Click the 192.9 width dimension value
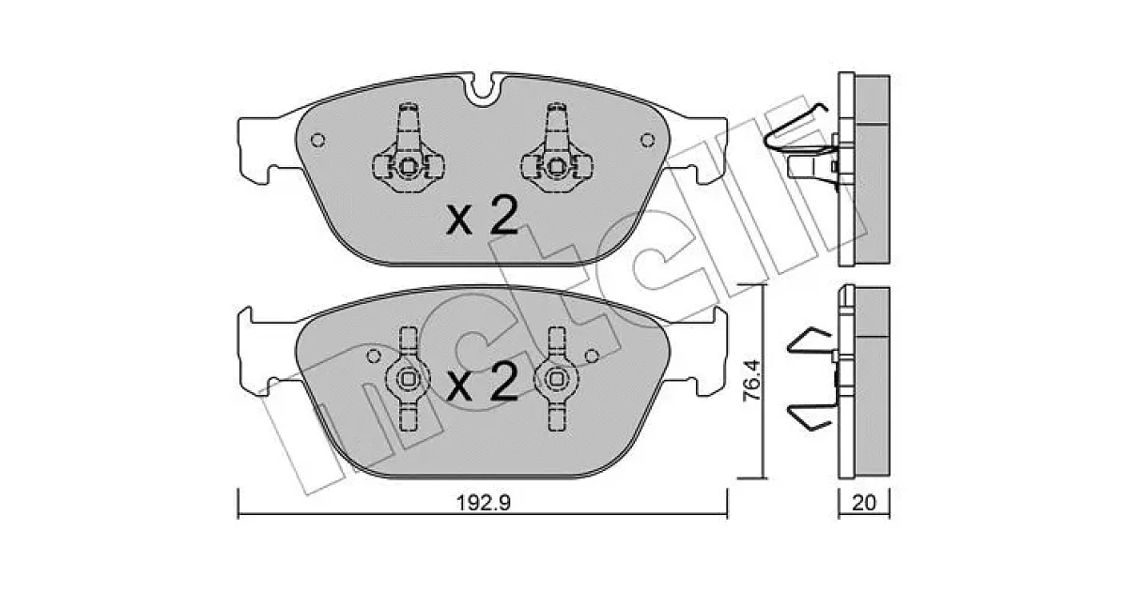click(x=483, y=502)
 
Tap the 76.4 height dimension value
click(x=752, y=382)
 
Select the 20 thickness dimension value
click(x=864, y=502)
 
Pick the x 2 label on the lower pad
click(x=482, y=382)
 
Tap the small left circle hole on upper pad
click(x=317, y=140)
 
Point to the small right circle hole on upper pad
click(x=647, y=140)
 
